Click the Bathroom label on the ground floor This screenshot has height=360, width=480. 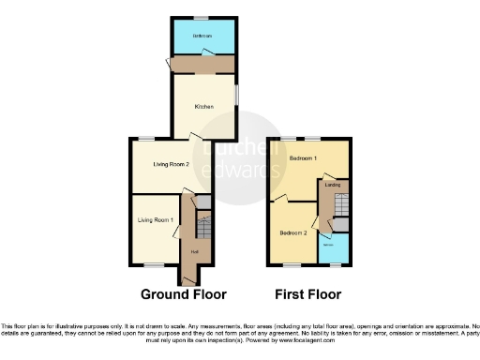tap(202, 36)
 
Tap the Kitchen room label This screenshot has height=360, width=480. tap(203, 107)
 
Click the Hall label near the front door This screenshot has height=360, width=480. tap(194, 251)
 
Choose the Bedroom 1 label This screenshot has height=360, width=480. tap(302, 157)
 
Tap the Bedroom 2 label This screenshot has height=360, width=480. tap(292, 231)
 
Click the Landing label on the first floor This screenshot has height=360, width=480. tap(332, 186)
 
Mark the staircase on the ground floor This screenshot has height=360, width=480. tap(205, 225)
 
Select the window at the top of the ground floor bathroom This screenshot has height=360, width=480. tap(201, 18)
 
